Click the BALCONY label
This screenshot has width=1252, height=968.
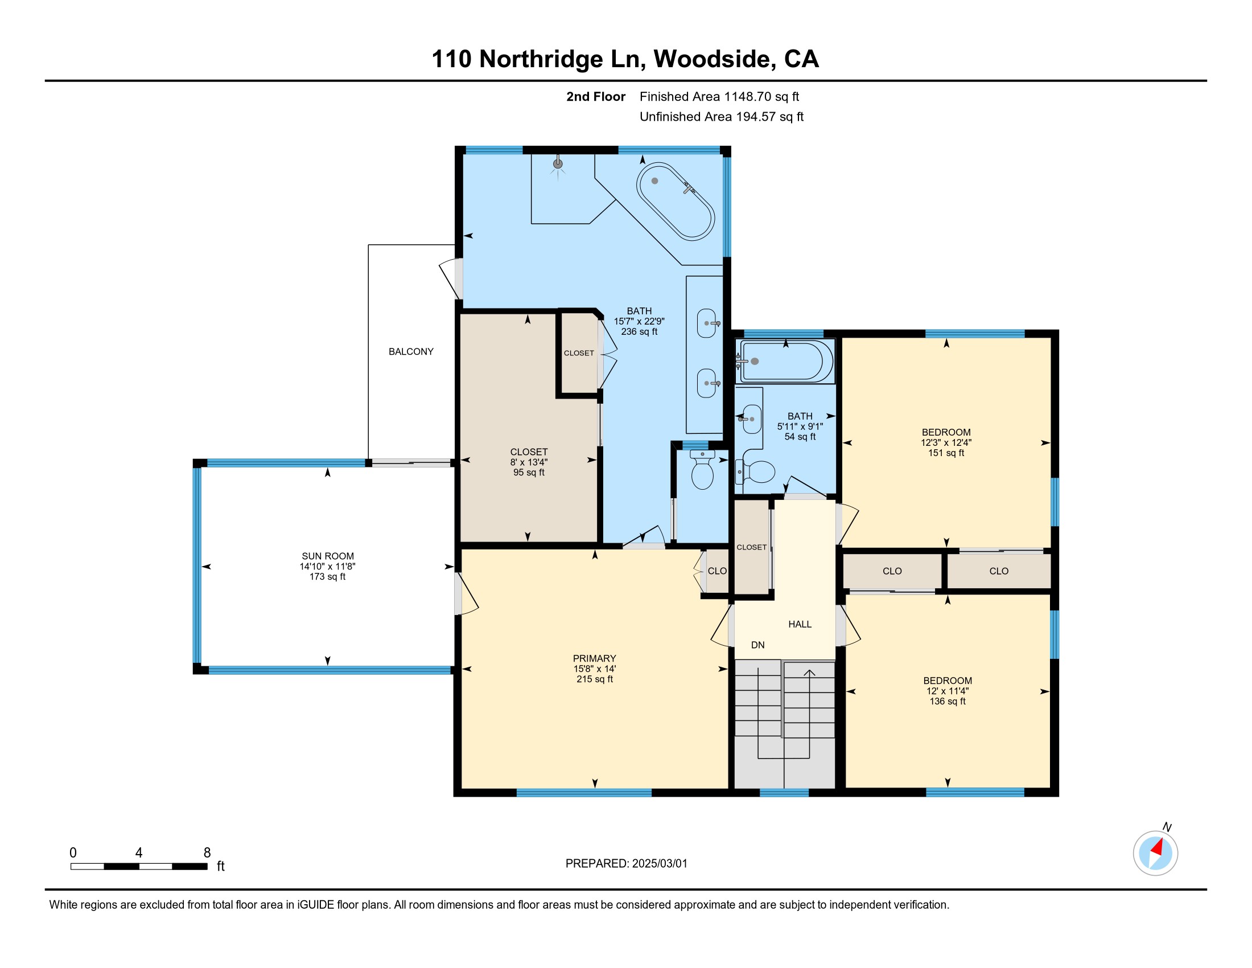pyautogui.click(x=410, y=351)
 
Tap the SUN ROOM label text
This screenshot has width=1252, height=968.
pyautogui.click(x=327, y=556)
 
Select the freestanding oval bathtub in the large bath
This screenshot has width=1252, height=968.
pyautogui.click(x=676, y=201)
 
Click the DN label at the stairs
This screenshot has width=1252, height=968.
pyautogui.click(x=757, y=645)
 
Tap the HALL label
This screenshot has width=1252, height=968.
pyautogui.click(x=800, y=624)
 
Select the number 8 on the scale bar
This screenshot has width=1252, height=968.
pyautogui.click(x=207, y=853)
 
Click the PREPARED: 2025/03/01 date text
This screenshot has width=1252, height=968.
pyautogui.click(x=626, y=864)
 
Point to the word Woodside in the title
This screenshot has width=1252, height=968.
pyautogui.click(x=714, y=59)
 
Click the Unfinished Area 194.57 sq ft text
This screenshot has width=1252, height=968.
pyautogui.click(x=721, y=117)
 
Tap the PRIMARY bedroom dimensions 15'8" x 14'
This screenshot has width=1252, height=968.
pyautogui.click(x=595, y=668)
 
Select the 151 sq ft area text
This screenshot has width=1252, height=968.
pyautogui.click(x=946, y=453)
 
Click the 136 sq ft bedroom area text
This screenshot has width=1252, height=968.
pyautogui.click(x=947, y=702)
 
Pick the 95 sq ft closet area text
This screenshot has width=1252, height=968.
pyautogui.click(x=529, y=473)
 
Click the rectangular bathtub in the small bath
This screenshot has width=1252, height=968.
pyautogui.click(x=785, y=361)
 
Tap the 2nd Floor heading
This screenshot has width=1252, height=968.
pyautogui.click(x=596, y=97)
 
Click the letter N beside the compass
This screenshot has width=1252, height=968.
pyautogui.click(x=1167, y=827)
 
